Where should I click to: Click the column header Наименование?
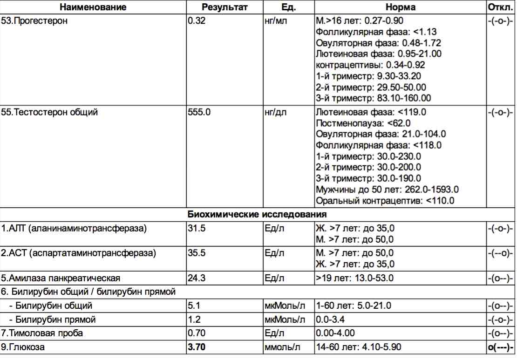pos(93,7)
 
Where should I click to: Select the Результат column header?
pos(224,7)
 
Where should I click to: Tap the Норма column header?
pos(400,7)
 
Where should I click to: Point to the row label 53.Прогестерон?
pos(34,20)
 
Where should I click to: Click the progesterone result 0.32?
pos(197,20)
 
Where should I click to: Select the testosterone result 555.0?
pos(199,112)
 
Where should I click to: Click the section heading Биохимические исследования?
pos(257,214)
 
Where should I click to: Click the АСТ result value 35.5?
pos(196,253)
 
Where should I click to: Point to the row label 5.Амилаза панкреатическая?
pos(61,278)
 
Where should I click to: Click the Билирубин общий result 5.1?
pos(194,306)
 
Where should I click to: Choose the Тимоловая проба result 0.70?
pos(196,333)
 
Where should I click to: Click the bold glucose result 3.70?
pos(197,347)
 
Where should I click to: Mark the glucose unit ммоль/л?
pos(282,347)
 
